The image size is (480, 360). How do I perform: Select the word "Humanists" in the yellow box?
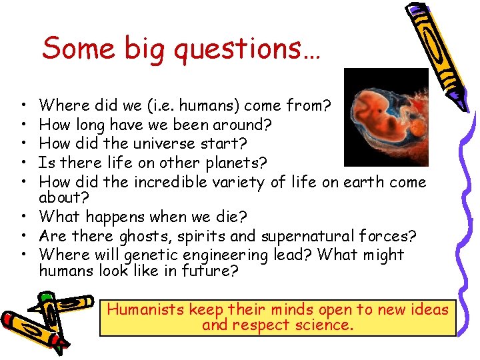pyautogui.click(x=146, y=309)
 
